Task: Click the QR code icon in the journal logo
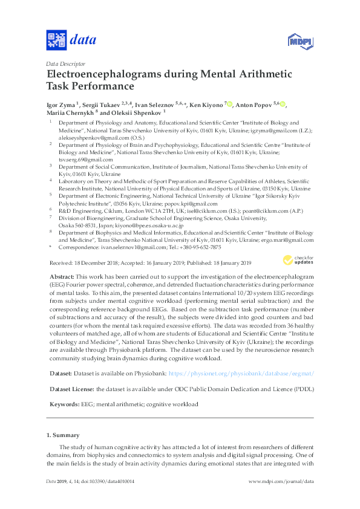[56, 41]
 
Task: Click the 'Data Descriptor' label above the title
[65, 63]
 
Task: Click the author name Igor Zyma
[62, 105]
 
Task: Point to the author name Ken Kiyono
[205, 105]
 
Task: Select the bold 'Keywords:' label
[63, 404]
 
